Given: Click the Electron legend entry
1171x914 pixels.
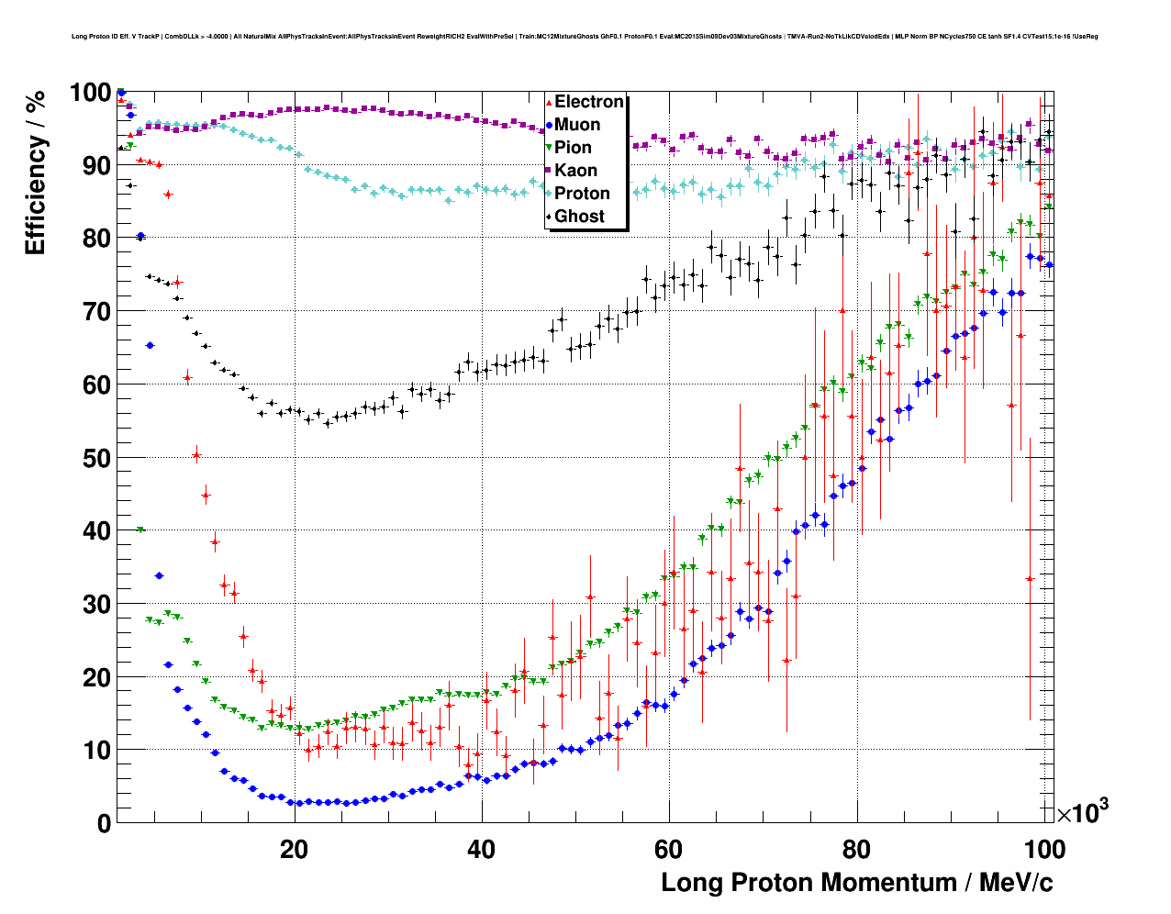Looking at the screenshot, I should (588, 102).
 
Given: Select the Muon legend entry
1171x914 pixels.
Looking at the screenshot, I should (577, 125).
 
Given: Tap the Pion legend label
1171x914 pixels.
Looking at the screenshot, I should (573, 148).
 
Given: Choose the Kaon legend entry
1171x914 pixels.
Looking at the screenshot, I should (575, 171).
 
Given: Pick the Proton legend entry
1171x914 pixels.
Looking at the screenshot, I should (582, 194).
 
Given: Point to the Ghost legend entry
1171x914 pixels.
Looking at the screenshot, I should (579, 217).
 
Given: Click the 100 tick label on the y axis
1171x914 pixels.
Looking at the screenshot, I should (90, 93).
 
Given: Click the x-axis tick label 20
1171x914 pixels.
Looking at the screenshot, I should (294, 849).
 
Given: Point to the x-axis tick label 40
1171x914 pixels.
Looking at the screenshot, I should (481, 849).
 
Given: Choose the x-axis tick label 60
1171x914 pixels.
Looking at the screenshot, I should (669, 849).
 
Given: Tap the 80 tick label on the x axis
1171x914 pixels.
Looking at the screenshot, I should (856, 849).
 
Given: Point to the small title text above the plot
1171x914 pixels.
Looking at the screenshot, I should (585, 37).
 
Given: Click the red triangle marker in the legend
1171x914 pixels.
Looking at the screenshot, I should (549, 102).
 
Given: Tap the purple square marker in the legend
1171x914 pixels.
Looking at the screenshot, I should (549, 171).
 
